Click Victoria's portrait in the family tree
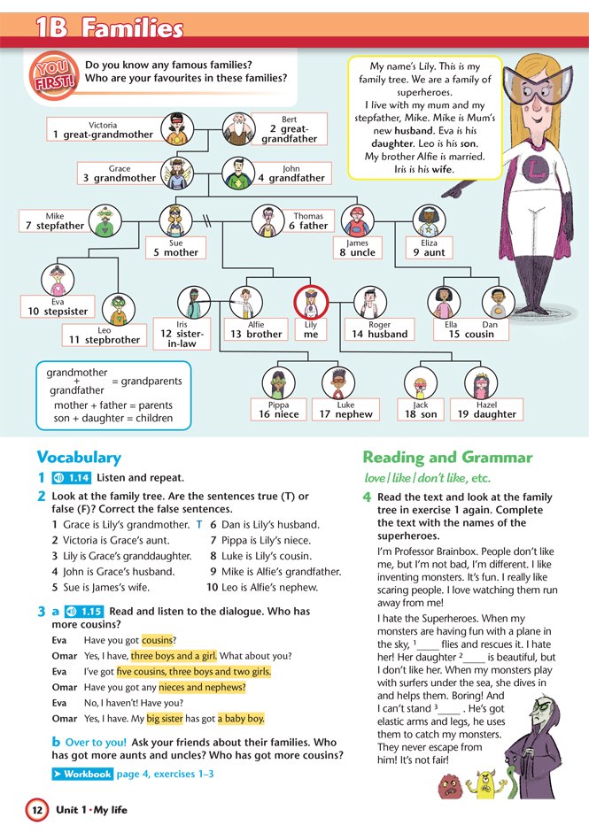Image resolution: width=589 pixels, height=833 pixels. click(177, 129)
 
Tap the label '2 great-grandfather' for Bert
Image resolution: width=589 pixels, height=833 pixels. click(289, 129)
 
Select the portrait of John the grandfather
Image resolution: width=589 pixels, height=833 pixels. click(238, 174)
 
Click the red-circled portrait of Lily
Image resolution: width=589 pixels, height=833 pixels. click(311, 302)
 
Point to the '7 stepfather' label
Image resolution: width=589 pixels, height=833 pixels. click(54, 221)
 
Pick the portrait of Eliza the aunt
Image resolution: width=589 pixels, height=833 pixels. click(429, 221)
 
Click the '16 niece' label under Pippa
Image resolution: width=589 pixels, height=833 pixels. click(278, 410)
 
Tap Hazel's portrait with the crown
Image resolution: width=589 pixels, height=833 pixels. click(481, 383)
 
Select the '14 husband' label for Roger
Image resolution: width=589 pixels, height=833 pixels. click(380, 329)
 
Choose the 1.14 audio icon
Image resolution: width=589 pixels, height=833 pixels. click(72, 478)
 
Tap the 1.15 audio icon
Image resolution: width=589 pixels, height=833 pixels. click(84, 612)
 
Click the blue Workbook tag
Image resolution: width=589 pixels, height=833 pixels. click(82, 774)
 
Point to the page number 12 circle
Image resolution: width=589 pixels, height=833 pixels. click(37, 810)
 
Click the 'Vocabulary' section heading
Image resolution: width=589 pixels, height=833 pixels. click(79, 458)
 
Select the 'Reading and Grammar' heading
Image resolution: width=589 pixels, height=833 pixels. click(447, 458)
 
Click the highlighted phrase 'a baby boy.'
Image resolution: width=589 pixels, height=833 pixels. click(241, 719)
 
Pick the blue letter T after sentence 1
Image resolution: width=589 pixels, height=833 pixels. click(198, 524)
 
